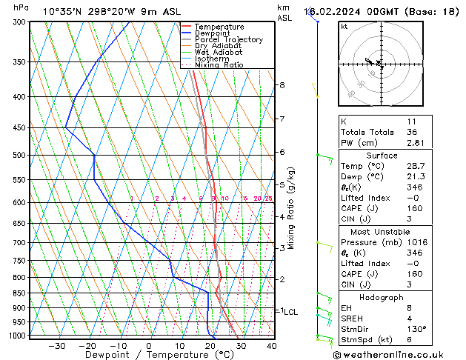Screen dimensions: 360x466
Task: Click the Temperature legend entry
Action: [219, 27]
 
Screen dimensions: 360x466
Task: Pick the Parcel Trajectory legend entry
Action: [228, 39]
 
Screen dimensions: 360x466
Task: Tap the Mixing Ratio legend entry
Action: [219, 64]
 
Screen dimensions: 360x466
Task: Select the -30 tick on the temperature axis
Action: [57, 346]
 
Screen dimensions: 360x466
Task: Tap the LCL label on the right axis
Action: [291, 312]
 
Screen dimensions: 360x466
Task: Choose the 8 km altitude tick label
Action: [282, 85]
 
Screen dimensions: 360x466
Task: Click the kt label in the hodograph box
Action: [344, 27]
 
